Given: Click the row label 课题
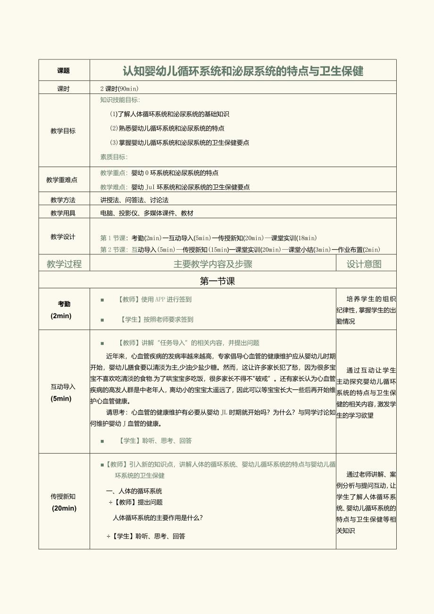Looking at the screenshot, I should pos(63,71).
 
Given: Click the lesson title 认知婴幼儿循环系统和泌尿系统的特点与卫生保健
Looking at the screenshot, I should pos(243,71).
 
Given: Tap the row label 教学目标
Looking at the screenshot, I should pos(63,131).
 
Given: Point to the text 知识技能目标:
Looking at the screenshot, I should pos(120,100).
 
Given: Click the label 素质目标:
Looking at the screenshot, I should pos(114,157).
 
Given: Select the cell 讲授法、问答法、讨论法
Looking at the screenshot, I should pos(134,200).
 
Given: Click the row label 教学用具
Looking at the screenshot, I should pos(63,213).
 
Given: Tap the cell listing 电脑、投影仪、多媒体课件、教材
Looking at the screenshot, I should pos(147,213).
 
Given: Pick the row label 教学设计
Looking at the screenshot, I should pos(63,237).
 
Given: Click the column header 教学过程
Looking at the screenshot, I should pos(64,264).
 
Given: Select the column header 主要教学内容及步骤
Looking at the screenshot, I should pos(213,264).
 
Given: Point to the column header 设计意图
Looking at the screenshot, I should pos(364,264).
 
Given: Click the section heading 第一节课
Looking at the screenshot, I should pos(217,281).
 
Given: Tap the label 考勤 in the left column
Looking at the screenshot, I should pos(64,304).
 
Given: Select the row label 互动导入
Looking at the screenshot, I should pos(63,387).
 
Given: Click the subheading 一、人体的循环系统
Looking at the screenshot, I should pos(134,491).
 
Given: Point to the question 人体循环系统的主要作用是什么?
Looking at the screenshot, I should pos(158,518).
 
